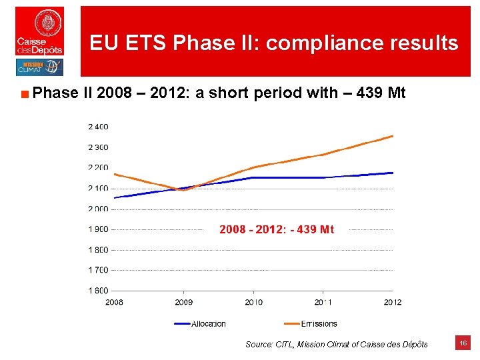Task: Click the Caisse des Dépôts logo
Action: [40, 31]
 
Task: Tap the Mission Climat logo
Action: [39, 67]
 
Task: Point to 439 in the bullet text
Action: [371, 93]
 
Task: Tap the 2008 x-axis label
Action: [114, 302]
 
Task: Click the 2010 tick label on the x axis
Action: [253, 302]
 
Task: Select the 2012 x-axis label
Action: [393, 302]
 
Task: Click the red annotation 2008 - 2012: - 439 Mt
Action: [277, 229]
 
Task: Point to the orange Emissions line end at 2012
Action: [392, 136]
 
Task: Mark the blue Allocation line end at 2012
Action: [392, 173]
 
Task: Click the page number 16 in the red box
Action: [463, 343]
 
